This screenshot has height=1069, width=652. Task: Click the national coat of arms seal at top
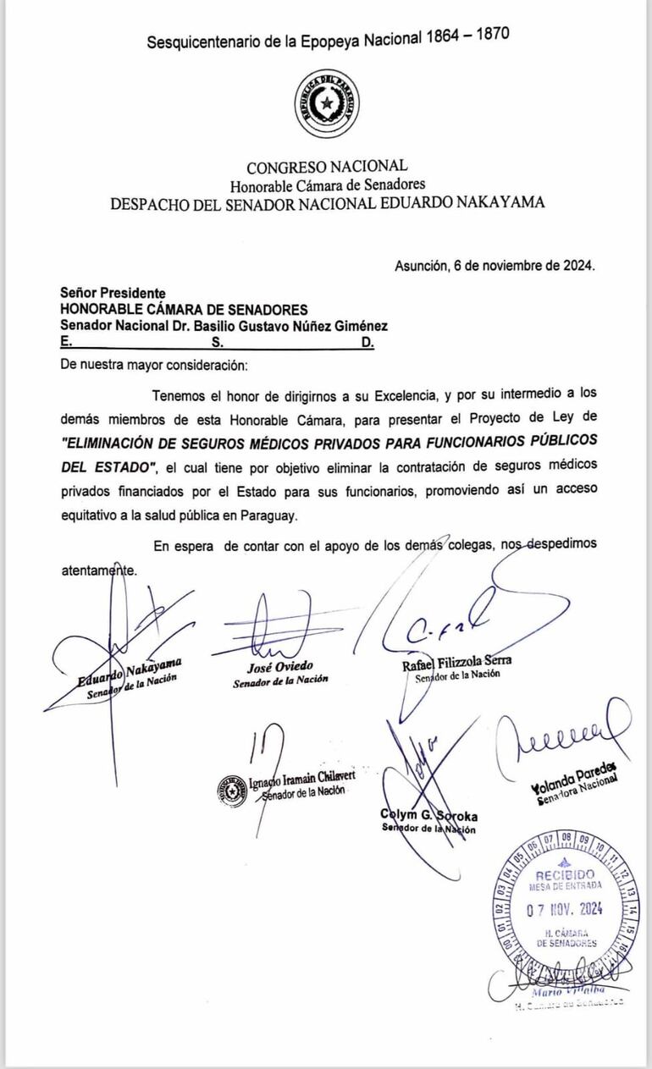tap(325, 104)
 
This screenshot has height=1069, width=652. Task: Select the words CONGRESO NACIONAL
tap(327, 167)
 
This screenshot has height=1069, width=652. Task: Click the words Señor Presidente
tap(113, 293)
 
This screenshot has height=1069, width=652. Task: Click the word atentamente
tap(98, 570)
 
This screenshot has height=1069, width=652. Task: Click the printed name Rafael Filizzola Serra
tap(457, 661)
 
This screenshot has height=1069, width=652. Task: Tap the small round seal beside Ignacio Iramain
tap(231, 789)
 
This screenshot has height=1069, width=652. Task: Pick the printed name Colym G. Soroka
tap(429, 816)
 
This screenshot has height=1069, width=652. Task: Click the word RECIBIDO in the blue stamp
tap(565, 873)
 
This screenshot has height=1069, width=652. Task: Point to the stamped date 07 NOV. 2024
tap(563, 910)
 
